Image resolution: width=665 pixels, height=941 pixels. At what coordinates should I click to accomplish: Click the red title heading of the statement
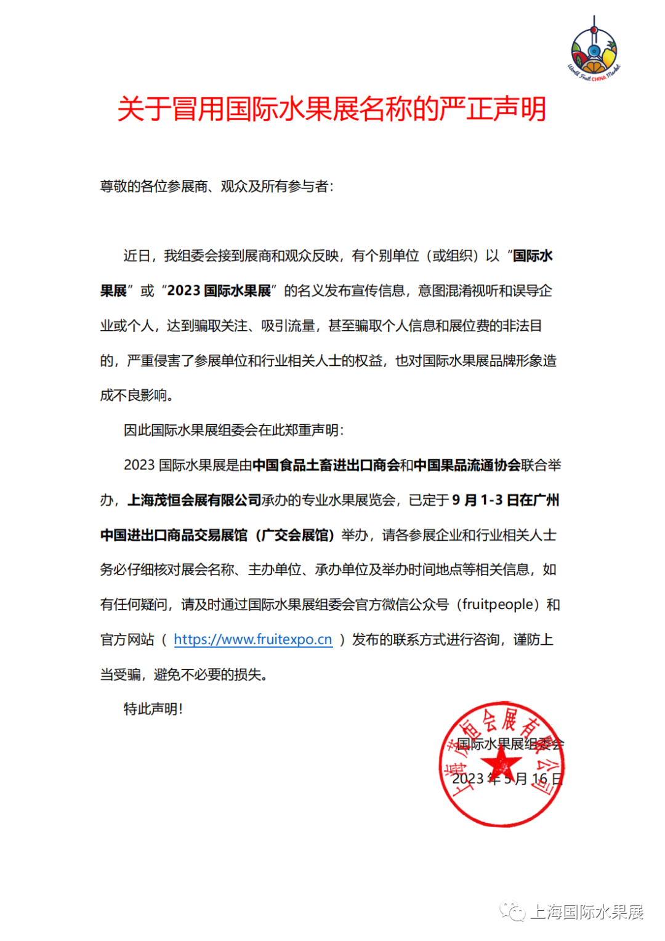[332, 109]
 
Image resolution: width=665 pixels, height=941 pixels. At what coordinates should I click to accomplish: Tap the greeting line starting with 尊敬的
[217, 186]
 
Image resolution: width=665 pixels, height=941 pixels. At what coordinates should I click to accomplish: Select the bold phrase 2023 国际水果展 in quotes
[219, 291]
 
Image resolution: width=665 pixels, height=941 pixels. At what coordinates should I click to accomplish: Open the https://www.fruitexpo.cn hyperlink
[253, 639]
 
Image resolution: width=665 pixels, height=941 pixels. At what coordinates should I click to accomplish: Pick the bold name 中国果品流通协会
[467, 465]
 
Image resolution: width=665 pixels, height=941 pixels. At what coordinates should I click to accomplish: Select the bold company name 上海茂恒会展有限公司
[195, 500]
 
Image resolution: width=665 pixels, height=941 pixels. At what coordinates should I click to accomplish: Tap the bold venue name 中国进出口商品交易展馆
[174, 535]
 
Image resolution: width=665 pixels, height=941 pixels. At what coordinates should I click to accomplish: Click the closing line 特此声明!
[153, 709]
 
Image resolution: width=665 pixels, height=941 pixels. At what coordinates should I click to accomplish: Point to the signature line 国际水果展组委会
[510, 744]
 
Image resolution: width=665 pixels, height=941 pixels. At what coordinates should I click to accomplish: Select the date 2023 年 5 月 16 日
[507, 779]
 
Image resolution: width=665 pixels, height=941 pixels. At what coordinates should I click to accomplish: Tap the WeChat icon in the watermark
[512, 911]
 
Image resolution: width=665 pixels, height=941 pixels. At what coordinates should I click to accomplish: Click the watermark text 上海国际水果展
[586, 912]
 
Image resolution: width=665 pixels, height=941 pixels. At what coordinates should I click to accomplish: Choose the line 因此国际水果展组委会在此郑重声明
[233, 430]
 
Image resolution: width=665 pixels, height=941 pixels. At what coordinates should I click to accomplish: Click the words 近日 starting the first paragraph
[137, 256]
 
